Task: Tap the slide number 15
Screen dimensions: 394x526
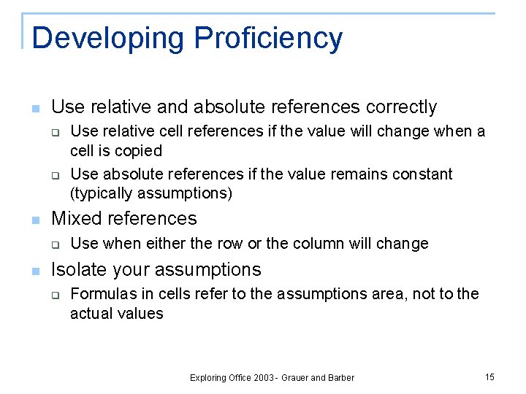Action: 489,376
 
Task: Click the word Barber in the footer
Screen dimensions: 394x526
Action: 340,377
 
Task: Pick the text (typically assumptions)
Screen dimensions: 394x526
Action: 151,193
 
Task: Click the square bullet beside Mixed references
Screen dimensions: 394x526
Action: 34,220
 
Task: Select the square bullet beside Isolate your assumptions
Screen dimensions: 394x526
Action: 34,271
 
